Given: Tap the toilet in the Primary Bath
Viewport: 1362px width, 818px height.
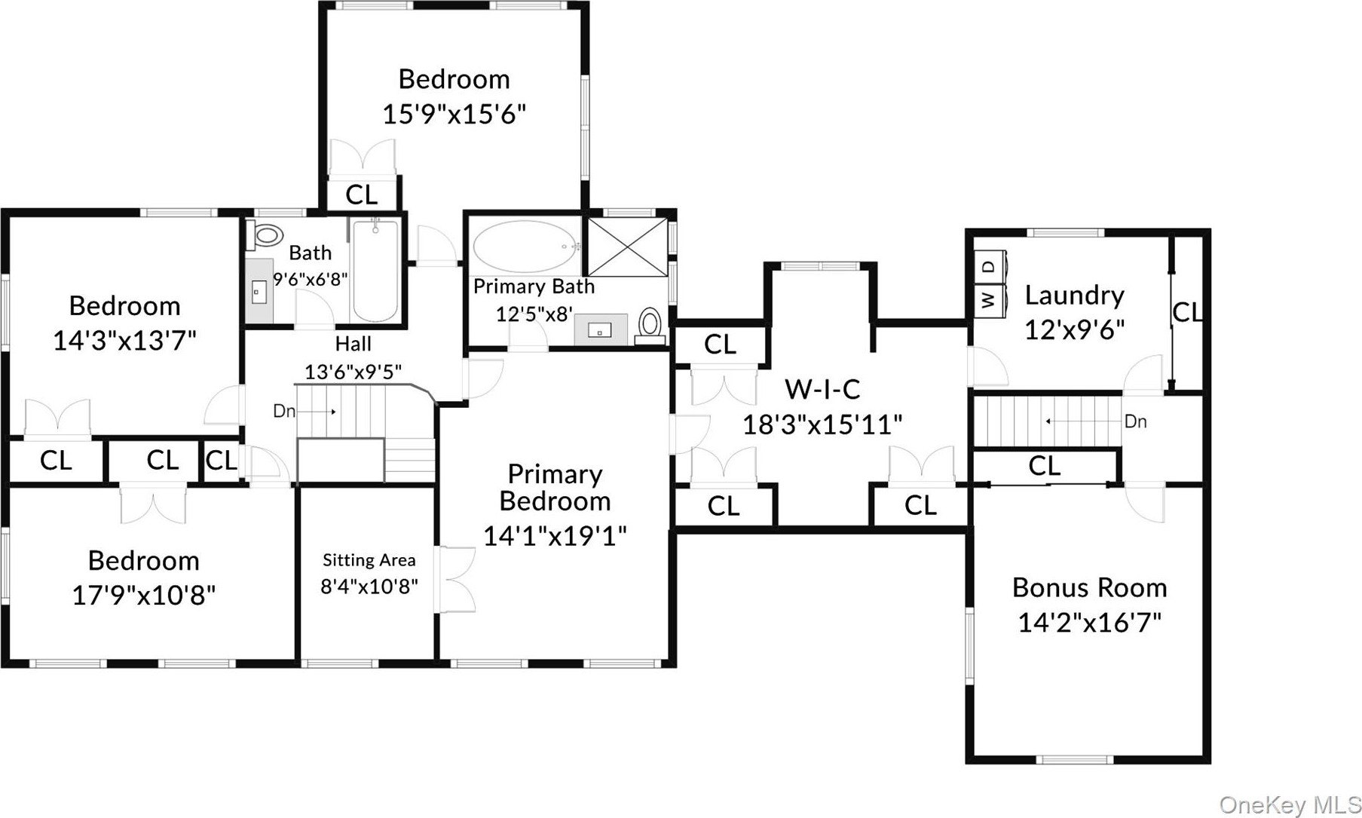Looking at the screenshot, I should [x=649, y=324].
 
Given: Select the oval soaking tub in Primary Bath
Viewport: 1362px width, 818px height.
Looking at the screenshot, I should [x=525, y=246].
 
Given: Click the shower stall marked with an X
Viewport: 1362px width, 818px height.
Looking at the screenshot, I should [x=627, y=246].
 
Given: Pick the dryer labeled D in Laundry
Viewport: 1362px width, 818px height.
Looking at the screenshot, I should [x=988, y=265].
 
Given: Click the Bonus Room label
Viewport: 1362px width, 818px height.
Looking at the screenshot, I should [x=1089, y=587].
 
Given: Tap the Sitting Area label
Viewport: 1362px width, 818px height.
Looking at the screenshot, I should [x=369, y=560].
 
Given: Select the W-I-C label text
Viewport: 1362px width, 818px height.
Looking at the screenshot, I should [x=822, y=389].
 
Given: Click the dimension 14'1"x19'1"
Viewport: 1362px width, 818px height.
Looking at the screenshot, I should [x=555, y=536].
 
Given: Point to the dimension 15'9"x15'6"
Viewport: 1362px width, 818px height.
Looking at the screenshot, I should [x=454, y=115].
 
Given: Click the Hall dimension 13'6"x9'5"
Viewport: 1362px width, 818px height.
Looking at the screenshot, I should [x=353, y=372].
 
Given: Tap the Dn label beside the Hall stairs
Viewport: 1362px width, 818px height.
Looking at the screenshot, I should [x=284, y=412].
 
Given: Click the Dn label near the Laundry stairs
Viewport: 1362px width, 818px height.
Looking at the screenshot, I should [x=1135, y=421].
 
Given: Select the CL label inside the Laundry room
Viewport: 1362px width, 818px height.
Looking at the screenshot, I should [x=1187, y=311].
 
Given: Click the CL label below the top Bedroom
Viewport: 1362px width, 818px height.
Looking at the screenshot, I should [x=361, y=195].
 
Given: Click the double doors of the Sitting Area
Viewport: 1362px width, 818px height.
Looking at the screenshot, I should [x=455, y=576].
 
